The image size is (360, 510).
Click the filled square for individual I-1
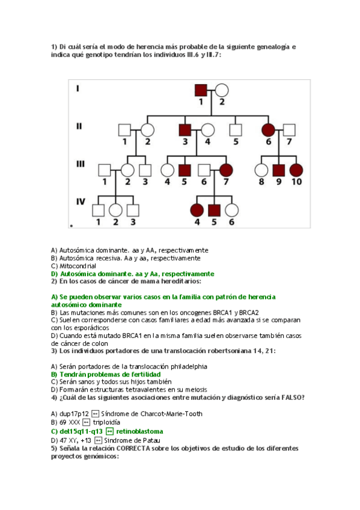tap(202, 90)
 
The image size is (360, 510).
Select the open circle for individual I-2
tap(221, 90)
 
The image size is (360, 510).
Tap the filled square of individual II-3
tap(185, 130)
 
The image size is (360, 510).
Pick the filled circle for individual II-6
tap(269, 130)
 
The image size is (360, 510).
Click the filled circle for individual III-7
tap(226, 170)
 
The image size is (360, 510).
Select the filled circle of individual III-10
tap(296, 170)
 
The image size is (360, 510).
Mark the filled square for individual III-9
tap(278, 170)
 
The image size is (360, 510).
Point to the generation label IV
tap(80, 202)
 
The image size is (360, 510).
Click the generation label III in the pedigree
tap(79, 163)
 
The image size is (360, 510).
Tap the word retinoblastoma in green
tap(139, 431)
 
